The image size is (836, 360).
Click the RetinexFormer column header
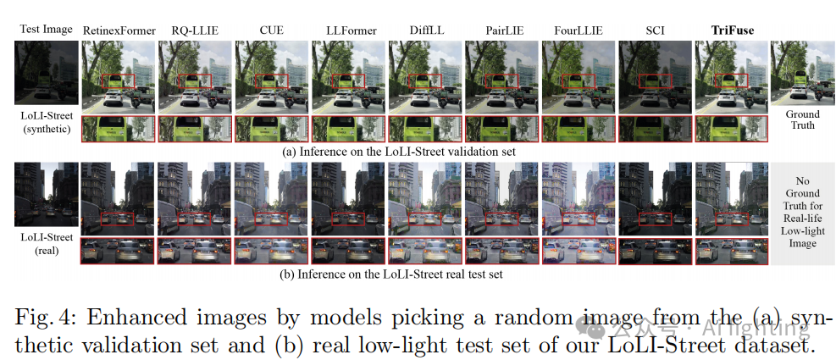click(x=119, y=31)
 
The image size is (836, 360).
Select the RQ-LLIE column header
click(x=195, y=31)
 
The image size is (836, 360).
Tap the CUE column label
click(x=271, y=31)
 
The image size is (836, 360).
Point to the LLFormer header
click(x=348, y=31)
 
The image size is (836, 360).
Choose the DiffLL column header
click(x=425, y=31)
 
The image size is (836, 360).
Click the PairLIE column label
click(x=501, y=31)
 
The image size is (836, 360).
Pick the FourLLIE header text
click(x=579, y=31)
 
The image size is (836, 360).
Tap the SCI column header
click(x=655, y=31)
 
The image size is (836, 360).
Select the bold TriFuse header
click(x=731, y=31)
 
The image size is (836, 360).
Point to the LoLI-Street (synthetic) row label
click(x=46, y=121)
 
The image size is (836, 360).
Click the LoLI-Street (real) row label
click(x=46, y=242)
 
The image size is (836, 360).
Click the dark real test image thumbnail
click(x=46, y=195)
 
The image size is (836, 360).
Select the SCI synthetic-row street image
click(x=655, y=76)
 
